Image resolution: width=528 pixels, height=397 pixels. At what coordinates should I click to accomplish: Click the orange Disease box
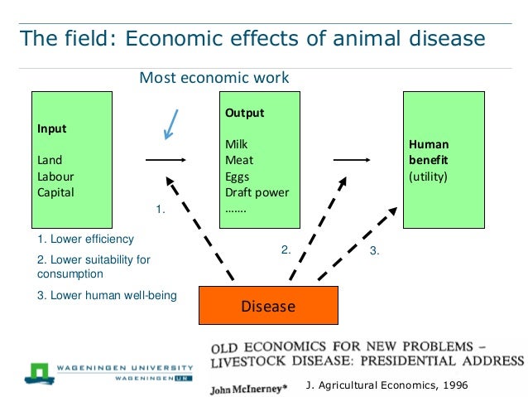coord(268,306)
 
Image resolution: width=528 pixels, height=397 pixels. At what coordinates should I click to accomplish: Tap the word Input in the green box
coord(51,128)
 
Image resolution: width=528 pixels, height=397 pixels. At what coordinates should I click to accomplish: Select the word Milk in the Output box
coord(236,144)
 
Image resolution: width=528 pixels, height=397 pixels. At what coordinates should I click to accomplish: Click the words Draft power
coord(257,192)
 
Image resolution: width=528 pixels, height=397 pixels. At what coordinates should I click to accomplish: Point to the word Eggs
coord(237,177)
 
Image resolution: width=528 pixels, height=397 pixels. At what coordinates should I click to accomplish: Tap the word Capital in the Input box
coord(55,192)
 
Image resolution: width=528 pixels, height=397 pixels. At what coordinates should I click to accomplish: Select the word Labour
coord(55,177)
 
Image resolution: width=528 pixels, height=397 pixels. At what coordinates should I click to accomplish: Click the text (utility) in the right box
coord(428,177)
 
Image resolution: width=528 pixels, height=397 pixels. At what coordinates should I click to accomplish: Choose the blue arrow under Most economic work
coord(170,123)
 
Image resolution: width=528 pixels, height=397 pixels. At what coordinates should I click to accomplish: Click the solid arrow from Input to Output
coord(165,160)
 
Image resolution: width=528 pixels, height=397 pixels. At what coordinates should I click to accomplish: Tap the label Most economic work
coord(214,78)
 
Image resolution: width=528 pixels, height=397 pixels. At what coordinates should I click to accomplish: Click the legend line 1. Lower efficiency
coord(85,240)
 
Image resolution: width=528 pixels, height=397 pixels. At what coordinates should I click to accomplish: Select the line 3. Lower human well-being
coord(107,294)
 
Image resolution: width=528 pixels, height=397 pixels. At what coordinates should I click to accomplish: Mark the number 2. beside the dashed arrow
coord(286,249)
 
